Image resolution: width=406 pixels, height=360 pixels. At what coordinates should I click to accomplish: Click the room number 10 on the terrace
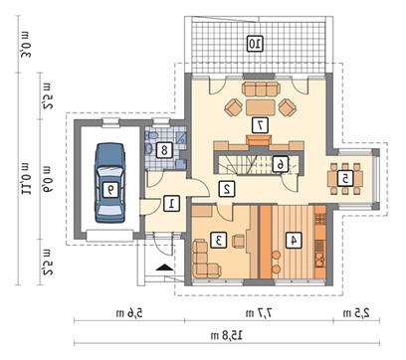pos(255,44)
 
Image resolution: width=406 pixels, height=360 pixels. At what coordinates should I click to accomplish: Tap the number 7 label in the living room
pos(260,125)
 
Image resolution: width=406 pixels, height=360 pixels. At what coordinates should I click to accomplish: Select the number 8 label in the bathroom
pos(164,150)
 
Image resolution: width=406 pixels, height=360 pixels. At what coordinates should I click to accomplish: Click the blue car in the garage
pos(110,182)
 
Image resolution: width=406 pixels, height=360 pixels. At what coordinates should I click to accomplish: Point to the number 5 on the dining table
pos(345,179)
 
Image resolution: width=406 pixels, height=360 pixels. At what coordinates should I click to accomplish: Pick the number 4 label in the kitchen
pos(294,240)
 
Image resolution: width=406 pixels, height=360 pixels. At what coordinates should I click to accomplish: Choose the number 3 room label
pos(219,241)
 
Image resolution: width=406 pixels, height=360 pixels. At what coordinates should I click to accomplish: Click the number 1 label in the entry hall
pos(172,203)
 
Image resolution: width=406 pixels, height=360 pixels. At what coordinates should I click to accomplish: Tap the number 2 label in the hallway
pos(227,188)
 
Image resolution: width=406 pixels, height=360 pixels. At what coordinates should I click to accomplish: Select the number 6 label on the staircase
pos(281,164)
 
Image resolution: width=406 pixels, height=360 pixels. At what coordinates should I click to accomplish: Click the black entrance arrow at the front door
pos(164,267)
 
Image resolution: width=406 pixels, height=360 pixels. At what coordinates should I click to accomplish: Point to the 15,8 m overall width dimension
pos(227,335)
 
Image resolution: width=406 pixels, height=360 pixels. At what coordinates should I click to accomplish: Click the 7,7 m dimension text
pos(259,312)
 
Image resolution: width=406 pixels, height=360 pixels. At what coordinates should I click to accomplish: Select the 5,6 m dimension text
pos(129,312)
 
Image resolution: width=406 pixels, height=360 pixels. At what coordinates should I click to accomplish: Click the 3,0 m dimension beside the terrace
pos(25,45)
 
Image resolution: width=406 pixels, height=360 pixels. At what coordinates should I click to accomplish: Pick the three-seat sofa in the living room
pos(261,90)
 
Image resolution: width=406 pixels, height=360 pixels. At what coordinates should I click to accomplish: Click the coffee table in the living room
pos(261,107)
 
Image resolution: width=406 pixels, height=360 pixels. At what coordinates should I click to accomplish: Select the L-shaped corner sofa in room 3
pos(203,260)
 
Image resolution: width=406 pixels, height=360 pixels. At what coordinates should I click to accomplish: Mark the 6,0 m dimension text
pos(46,179)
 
